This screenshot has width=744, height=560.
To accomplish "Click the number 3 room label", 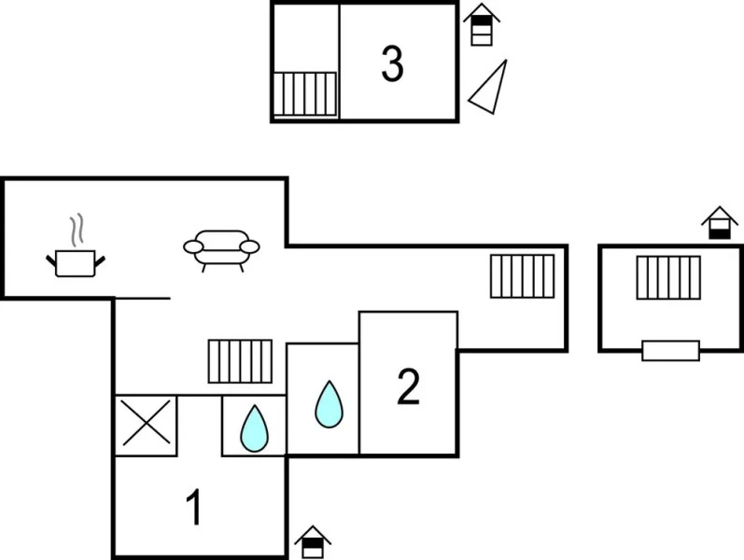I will click(x=392, y=64).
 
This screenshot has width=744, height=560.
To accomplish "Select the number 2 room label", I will click(x=408, y=387).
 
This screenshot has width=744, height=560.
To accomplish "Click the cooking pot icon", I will click(x=75, y=263).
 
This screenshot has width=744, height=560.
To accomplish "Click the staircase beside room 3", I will click(x=304, y=93).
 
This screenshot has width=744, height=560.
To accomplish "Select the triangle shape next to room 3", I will click(x=489, y=88).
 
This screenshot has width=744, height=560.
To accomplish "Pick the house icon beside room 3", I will click(x=481, y=25).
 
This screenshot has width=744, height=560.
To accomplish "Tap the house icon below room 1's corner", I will click(x=313, y=542).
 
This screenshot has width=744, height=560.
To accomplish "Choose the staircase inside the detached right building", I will click(x=668, y=277).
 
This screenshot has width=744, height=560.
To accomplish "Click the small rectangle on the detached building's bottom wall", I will click(x=670, y=351).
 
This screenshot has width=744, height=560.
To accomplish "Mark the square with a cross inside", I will click(x=146, y=425).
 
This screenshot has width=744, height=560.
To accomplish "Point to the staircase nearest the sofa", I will click(x=240, y=361).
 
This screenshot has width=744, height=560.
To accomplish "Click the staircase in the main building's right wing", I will click(x=522, y=275).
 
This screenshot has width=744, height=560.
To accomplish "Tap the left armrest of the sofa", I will click(x=193, y=246).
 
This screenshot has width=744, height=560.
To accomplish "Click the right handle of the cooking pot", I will click(x=99, y=259).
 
